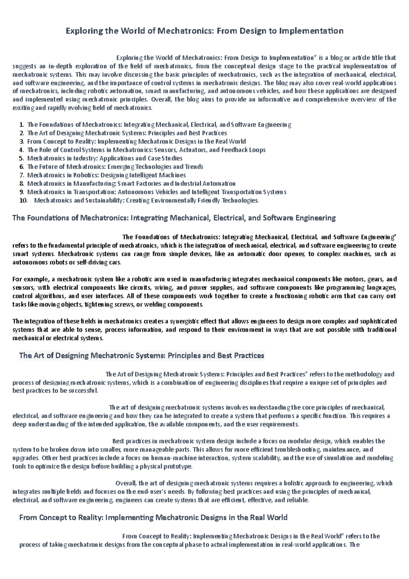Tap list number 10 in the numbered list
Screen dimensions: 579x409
point(23,201)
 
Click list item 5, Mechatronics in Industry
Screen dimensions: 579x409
point(105,159)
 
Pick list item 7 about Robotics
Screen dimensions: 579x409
point(106,175)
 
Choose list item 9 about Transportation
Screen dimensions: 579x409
point(156,192)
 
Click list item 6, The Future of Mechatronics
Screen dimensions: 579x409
point(115,167)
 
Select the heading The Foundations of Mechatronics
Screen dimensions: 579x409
point(174,218)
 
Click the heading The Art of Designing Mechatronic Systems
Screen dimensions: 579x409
point(142,356)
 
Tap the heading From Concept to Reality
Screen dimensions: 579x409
point(153,518)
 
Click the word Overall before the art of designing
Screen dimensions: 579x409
point(126,483)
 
